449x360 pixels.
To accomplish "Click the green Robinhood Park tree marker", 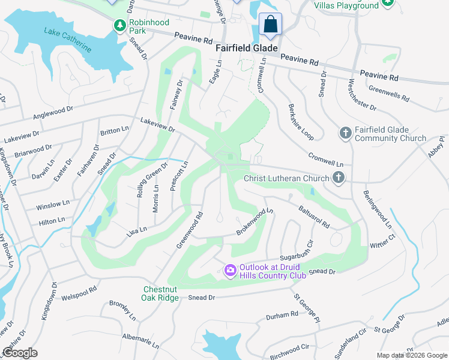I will tap(120, 25).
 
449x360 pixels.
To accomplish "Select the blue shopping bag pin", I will tap(271, 25).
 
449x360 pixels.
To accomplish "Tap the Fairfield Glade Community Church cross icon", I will tap(345, 133).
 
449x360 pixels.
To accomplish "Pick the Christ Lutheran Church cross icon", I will tap(339, 178).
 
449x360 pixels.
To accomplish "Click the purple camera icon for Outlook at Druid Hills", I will tap(230, 271).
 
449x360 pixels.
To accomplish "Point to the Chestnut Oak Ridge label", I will tap(160, 293).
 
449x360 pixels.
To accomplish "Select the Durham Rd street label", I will tap(282, 314).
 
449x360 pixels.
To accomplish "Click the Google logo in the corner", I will tap(20, 353).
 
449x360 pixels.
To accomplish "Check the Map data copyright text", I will tap(411, 355).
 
